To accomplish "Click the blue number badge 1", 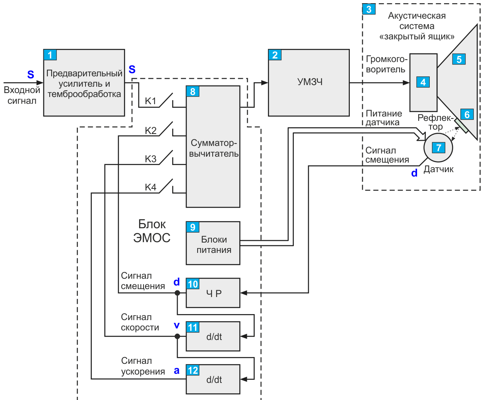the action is tap(50, 55).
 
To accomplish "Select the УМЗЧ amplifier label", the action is tap(310, 82).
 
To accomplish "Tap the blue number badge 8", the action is tap(192, 91).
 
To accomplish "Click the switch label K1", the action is tap(151, 101).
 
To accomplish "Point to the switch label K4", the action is tap(151, 187).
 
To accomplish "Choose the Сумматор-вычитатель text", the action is tap(214, 148).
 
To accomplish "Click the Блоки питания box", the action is tap(213, 243).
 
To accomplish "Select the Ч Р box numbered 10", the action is tap(213, 293).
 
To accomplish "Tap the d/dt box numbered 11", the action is tap(213, 336).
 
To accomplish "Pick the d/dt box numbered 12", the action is tap(213, 379).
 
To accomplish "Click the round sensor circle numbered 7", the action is tap(438, 148).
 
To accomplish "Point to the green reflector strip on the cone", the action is tap(462, 126).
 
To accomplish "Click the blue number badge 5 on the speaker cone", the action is tap(459, 59).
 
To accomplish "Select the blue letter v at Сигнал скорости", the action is tap(177, 325).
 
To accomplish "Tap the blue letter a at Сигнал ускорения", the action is tap(177, 371).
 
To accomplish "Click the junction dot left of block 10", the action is tap(177, 293).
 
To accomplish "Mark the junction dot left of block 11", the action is tap(177, 336).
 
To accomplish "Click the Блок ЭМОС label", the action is tap(152, 231).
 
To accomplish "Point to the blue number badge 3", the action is tap(369, 9).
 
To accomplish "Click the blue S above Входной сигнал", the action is tap(31, 75).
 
